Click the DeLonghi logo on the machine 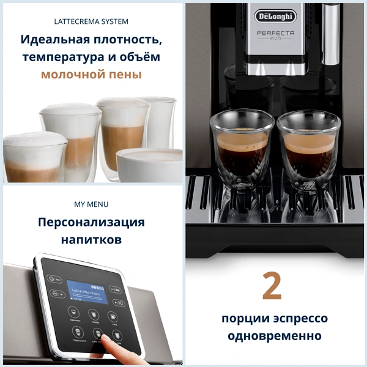(x=274, y=15)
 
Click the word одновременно (x=274, y=336)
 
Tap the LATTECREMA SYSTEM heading (x=91, y=21)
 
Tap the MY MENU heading (x=91, y=204)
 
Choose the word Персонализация (x=91, y=222)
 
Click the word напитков (x=91, y=240)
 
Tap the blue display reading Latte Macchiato (x=86, y=292)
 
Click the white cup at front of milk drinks (x=150, y=163)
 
